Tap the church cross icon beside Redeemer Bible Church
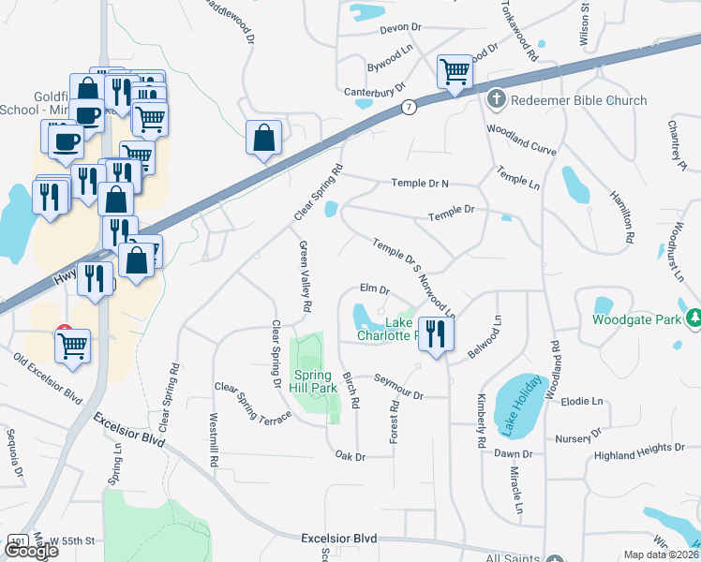coord(497,99)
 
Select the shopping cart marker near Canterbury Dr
coord(455,70)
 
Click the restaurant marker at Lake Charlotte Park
coord(434,333)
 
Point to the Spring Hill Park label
coord(310,381)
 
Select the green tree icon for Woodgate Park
coord(693,318)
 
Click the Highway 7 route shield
coord(410,108)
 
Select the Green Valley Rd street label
coord(305,276)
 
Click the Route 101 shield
coord(17,541)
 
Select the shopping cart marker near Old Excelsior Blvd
coord(72,346)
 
